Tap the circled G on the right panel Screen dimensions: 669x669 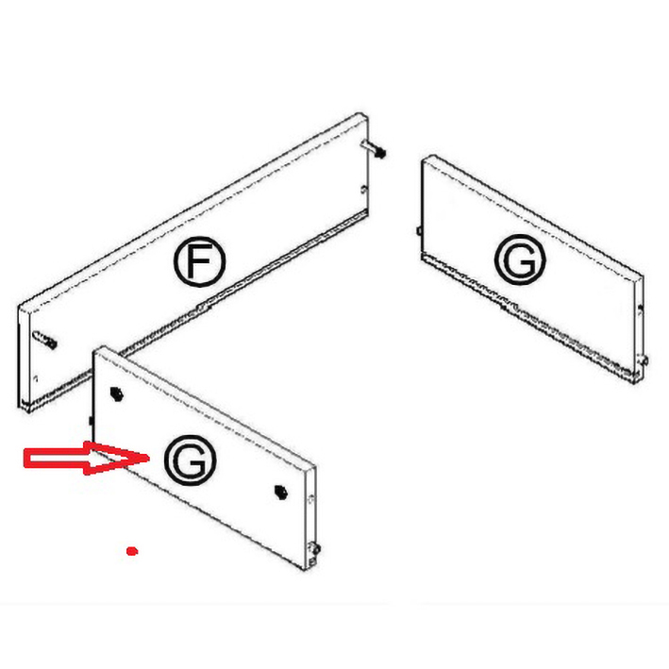[520, 259]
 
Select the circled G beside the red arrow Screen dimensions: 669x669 [190, 460]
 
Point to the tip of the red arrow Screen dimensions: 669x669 [149, 458]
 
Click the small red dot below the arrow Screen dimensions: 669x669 [132, 551]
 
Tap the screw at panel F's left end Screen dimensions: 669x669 [44, 340]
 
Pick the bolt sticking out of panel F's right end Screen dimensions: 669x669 [375, 149]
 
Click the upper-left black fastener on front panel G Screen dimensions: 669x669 [116, 393]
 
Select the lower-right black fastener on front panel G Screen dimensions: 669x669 [280, 492]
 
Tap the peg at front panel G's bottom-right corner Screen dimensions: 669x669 [315, 548]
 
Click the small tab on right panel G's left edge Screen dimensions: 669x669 [419, 231]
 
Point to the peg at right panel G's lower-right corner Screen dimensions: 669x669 [644, 360]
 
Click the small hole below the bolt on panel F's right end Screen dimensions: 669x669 [363, 189]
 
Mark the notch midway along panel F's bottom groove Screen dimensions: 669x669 [204, 306]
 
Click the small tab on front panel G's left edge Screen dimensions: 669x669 [92, 421]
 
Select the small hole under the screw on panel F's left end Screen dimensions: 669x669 [36, 378]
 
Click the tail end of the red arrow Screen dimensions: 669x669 [25, 459]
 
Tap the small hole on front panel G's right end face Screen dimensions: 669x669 [311, 498]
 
